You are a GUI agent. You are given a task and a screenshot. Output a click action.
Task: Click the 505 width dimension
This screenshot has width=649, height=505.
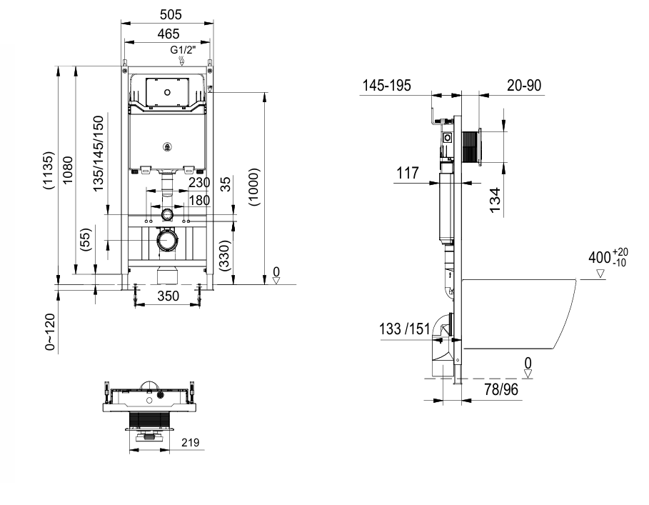point(171,14)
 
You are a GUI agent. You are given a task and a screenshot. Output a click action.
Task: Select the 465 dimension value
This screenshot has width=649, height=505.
point(168,34)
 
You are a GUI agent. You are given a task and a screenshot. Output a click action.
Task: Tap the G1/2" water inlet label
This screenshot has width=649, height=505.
point(183,50)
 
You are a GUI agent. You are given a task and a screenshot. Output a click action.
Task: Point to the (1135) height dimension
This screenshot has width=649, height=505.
point(49,171)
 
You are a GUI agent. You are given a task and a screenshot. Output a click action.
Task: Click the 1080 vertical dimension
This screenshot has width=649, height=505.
point(67,170)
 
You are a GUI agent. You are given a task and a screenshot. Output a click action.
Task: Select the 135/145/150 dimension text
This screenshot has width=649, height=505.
point(98,154)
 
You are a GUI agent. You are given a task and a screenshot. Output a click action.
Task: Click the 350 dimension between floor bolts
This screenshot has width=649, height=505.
point(168,296)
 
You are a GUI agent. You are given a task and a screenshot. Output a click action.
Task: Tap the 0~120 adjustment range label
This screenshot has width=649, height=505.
point(50,332)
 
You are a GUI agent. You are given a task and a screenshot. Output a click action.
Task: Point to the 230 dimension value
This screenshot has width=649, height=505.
point(199,182)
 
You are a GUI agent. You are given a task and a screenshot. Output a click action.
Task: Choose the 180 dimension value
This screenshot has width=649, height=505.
point(199,200)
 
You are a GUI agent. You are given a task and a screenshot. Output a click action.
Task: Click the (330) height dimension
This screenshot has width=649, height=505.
point(223,256)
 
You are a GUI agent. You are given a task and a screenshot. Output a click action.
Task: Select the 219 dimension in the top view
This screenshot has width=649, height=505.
point(191,442)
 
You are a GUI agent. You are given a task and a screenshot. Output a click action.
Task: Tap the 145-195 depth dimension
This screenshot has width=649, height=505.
point(386,85)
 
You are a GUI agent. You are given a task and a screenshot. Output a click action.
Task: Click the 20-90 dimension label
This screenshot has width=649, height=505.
point(524,85)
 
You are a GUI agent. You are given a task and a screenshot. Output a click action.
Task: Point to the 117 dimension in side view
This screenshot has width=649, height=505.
point(408,173)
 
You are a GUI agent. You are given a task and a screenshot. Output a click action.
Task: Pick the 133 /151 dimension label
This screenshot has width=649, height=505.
point(404,329)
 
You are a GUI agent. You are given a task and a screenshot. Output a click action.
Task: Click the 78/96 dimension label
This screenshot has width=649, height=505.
point(500,389)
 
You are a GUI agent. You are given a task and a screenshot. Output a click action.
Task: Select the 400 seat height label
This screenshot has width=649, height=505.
point(608,257)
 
